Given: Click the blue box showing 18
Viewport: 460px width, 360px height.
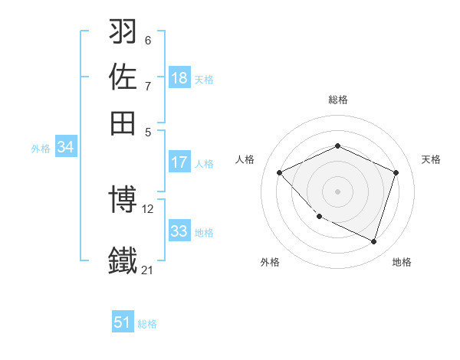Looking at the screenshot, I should point(179,78).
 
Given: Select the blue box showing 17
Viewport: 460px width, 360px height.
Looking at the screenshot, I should point(179,162).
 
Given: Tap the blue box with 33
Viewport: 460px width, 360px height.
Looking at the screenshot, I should point(179,231).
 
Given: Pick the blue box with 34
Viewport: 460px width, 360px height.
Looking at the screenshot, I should point(65,148).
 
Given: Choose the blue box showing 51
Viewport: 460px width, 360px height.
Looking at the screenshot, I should point(123,322).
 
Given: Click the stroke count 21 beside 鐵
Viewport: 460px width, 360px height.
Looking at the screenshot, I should point(147,270).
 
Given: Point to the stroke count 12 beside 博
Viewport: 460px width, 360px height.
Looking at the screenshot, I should point(148,208).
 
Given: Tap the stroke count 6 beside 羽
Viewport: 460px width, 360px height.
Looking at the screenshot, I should point(147,40).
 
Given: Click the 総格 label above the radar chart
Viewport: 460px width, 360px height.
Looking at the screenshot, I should point(337,100).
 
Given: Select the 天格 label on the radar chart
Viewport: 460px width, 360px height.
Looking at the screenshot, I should point(431,159).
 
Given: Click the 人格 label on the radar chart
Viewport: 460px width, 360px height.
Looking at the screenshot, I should point(245,159).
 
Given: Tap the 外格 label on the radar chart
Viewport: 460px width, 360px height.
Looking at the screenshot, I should point(270,262).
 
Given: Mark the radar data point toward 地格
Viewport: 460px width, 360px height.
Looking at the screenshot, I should point(373,241).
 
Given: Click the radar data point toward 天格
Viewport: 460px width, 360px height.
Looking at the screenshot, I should point(396,172).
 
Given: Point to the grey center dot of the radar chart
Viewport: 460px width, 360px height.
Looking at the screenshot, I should point(337,191).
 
